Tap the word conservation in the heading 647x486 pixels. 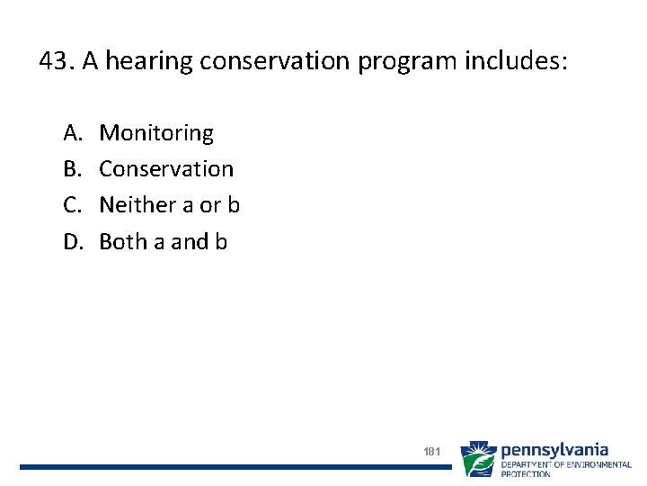coord(272,61)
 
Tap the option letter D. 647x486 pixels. coord(73,241)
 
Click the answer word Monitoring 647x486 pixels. coord(156,134)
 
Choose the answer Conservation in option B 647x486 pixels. coord(166,169)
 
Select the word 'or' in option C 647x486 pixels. coord(209,206)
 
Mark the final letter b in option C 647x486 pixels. coord(234,205)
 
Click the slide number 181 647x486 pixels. coord(431,451)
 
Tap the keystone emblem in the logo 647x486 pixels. coord(478,458)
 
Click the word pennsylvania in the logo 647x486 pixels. coord(554,449)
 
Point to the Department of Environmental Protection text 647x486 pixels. coord(565,468)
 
